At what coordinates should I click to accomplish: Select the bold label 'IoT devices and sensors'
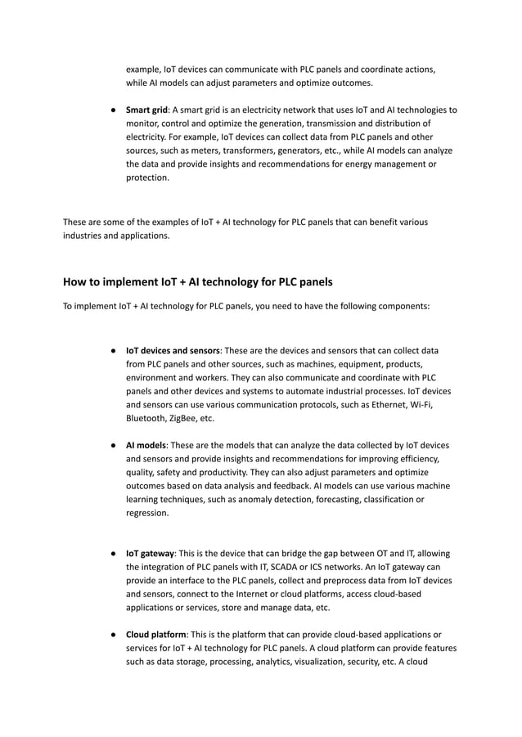[172, 350]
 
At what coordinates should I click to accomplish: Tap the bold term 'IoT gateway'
[151, 554]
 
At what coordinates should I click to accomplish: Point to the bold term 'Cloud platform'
[155, 635]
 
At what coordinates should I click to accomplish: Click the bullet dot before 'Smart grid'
[114, 110]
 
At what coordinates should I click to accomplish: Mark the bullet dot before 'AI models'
[114, 445]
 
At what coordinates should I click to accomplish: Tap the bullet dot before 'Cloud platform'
[114, 635]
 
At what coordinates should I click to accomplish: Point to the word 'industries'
[86, 236]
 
